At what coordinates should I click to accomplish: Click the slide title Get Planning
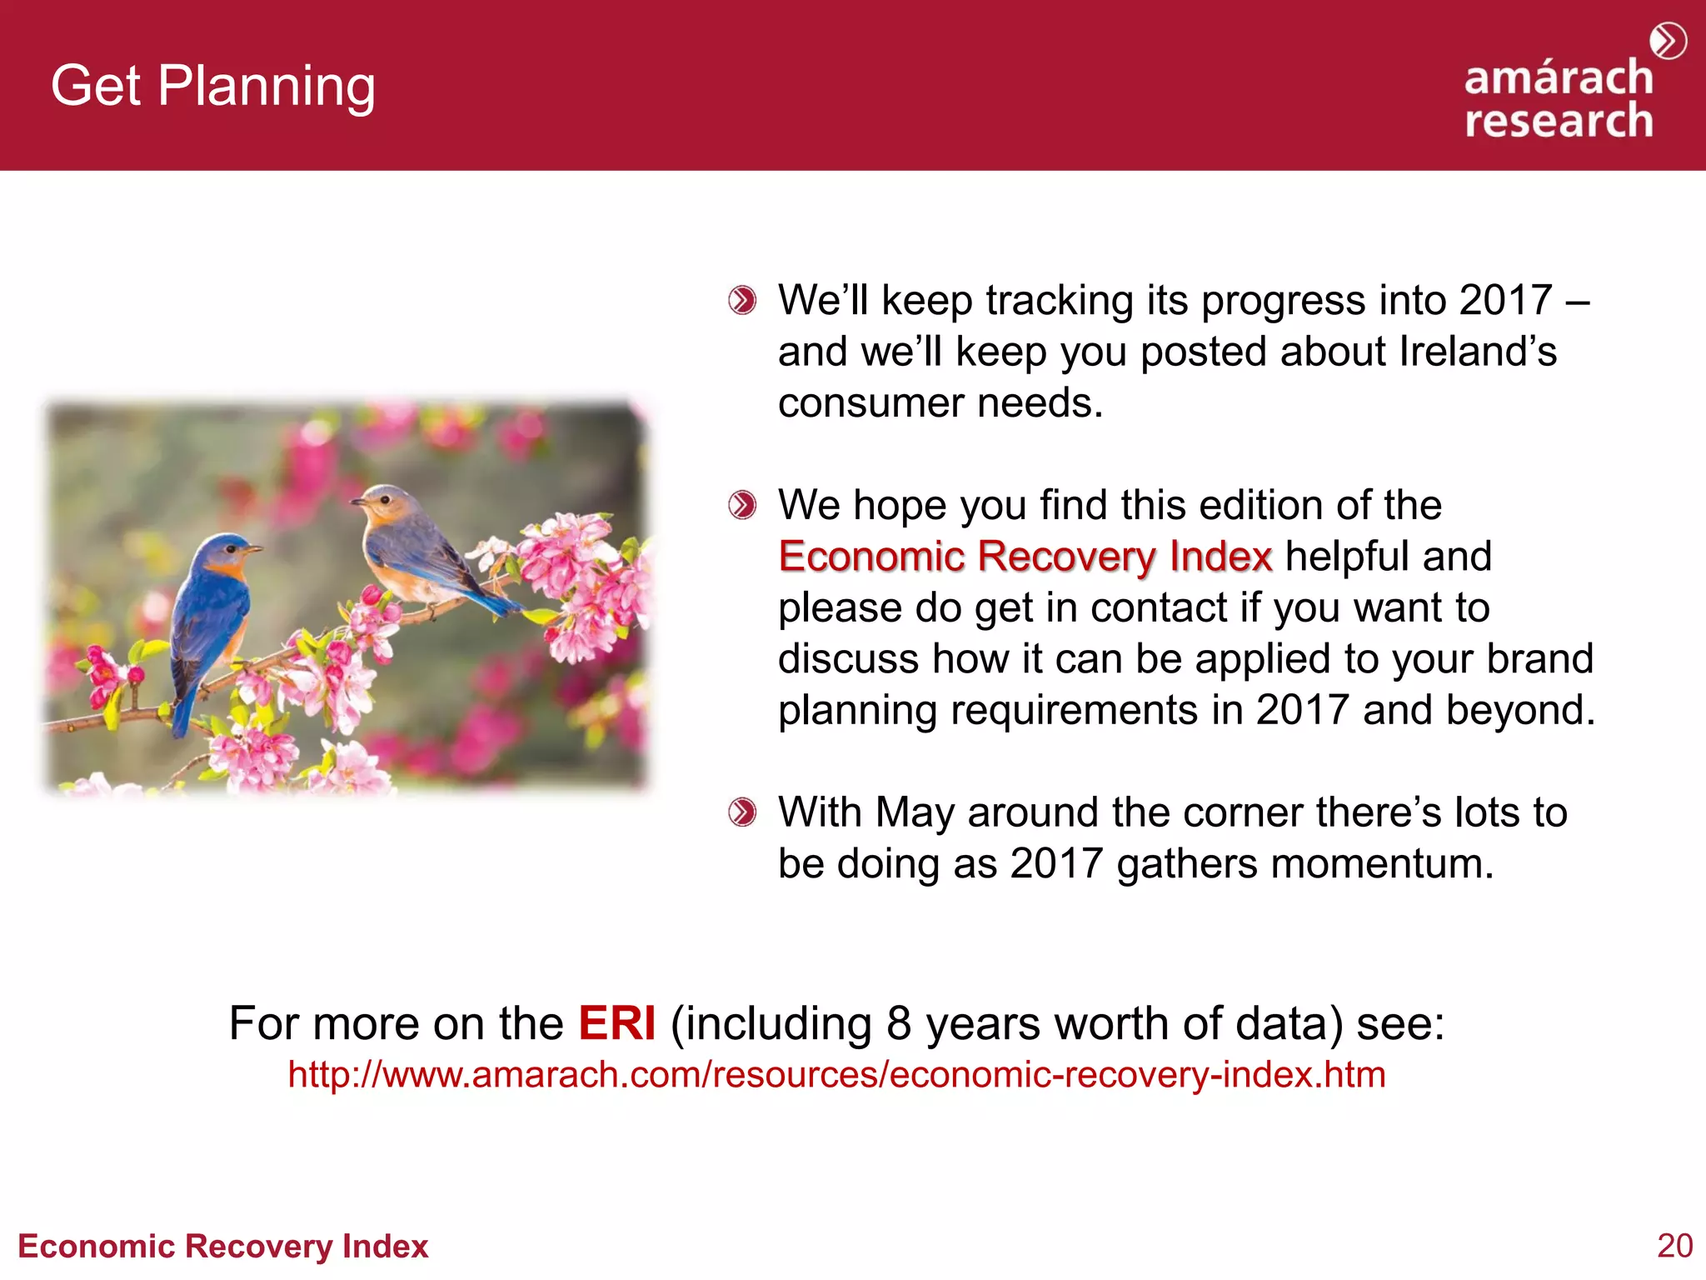(212, 86)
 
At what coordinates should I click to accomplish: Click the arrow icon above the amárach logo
(1668, 41)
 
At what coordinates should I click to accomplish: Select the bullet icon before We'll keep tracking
(741, 300)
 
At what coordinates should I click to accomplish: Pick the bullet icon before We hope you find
(741, 505)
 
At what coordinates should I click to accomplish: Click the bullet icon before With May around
(741, 812)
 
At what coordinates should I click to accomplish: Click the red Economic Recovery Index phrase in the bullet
(1025, 556)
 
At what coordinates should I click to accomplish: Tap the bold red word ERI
(616, 1023)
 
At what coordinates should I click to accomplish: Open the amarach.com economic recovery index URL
(836, 1074)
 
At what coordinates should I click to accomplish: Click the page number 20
(1674, 1246)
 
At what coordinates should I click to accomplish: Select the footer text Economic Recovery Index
(222, 1247)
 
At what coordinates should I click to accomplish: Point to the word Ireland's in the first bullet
(1477, 352)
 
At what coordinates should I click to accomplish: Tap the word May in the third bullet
(914, 812)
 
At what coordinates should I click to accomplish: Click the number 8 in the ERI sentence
(899, 1023)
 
